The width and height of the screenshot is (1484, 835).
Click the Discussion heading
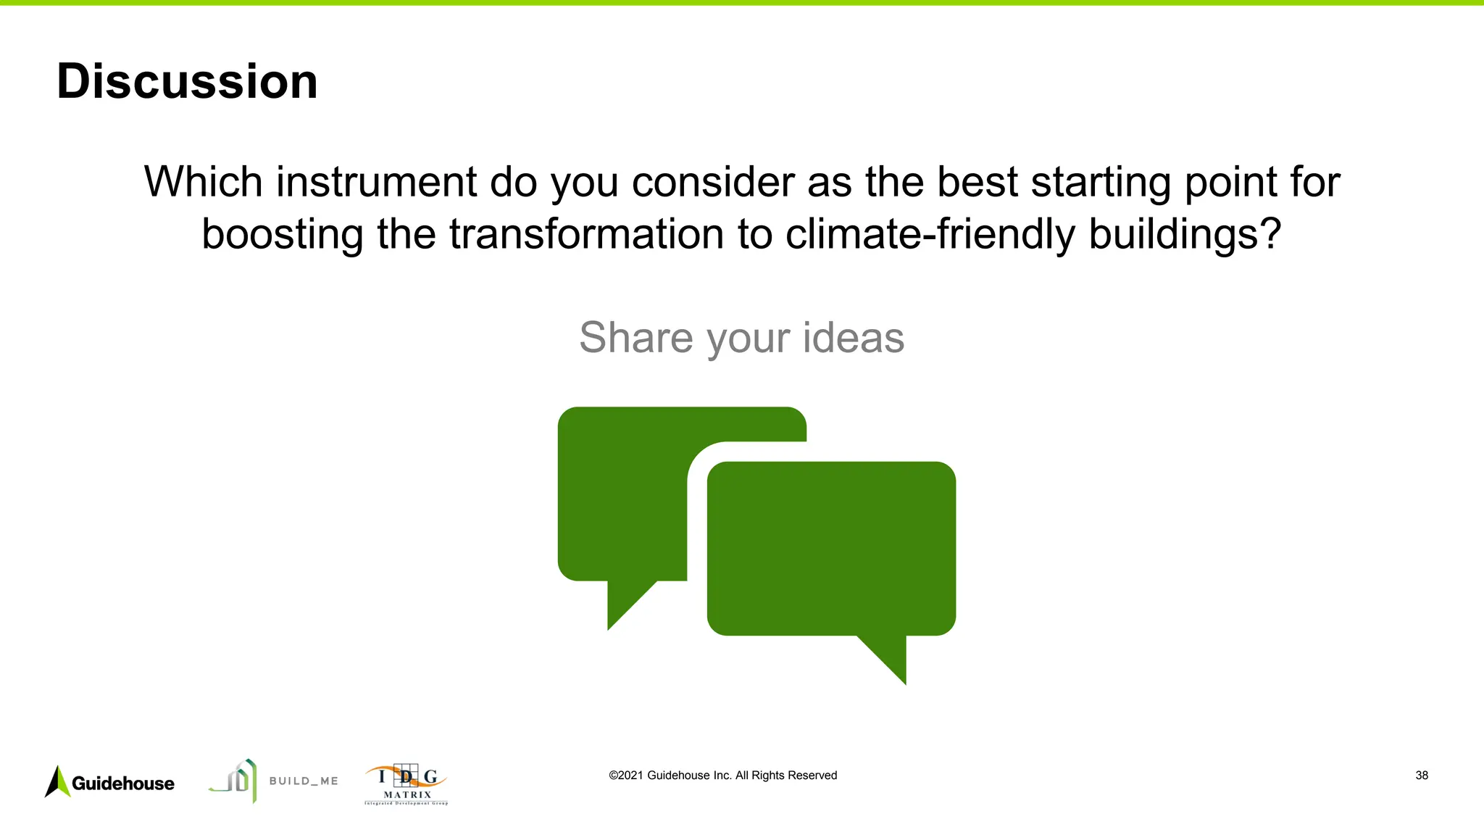[187, 81]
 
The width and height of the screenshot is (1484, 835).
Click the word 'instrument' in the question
[376, 181]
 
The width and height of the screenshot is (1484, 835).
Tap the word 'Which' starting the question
[203, 181]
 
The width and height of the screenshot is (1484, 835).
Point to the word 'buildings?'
[1185, 234]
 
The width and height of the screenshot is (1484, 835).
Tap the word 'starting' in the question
[1101, 183]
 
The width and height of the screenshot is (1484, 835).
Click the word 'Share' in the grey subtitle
[635, 338]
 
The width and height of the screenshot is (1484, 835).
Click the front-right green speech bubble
[831, 549]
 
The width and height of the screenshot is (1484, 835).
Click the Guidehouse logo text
[123, 784]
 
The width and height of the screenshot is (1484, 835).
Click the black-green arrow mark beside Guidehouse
[58, 782]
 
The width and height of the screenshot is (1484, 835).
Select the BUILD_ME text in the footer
[304, 781]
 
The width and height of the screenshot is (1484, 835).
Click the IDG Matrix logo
[406, 784]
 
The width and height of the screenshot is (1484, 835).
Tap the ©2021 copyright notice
[722, 776]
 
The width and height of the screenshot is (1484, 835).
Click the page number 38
[1421, 776]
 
